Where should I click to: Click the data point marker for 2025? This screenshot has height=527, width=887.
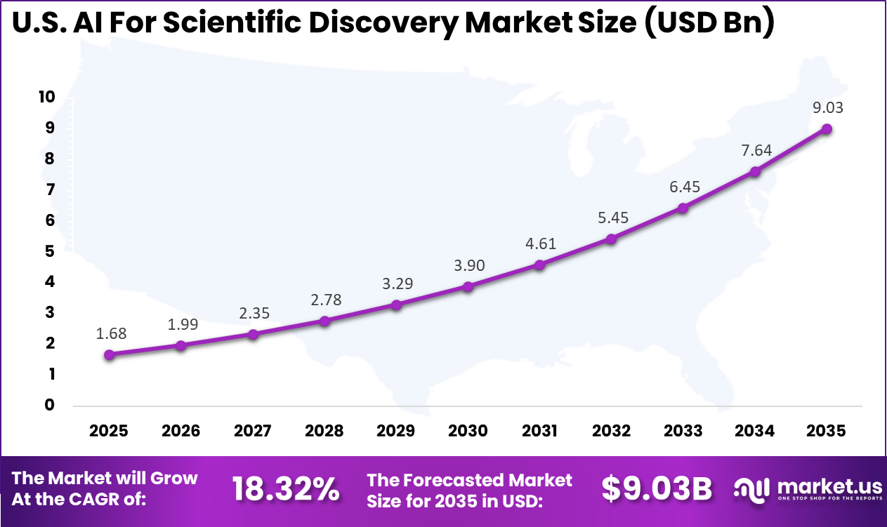tap(109, 355)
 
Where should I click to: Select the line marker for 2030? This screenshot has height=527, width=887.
tap(468, 286)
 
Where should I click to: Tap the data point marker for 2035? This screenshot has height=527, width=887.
tap(827, 129)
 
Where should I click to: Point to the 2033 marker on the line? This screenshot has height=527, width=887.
tap(683, 208)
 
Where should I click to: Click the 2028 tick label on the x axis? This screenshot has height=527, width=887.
tap(324, 430)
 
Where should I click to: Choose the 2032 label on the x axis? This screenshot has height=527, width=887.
tap(611, 430)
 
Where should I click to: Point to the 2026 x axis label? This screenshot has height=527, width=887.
tap(180, 430)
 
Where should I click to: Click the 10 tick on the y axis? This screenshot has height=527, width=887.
tap(46, 97)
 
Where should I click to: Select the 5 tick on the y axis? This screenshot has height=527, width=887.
tap(50, 251)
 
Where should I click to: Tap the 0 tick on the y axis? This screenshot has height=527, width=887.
tap(50, 405)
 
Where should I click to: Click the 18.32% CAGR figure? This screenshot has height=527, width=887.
tap(286, 490)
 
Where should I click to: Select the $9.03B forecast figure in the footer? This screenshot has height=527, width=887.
tap(657, 490)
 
